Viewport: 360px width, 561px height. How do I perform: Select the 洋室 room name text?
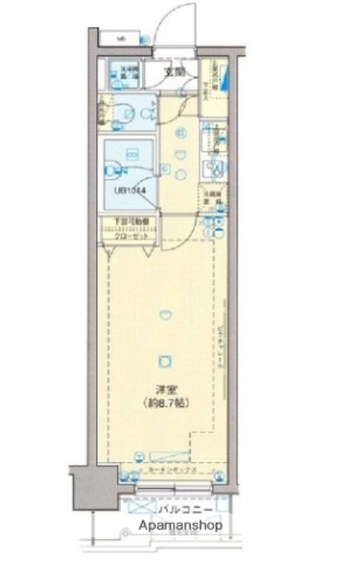click(x=162, y=390)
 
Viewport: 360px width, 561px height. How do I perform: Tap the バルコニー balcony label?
click(x=181, y=510)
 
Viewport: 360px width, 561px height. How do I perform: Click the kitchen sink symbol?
click(x=212, y=168)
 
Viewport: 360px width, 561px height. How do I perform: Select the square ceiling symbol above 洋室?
click(x=164, y=361)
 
